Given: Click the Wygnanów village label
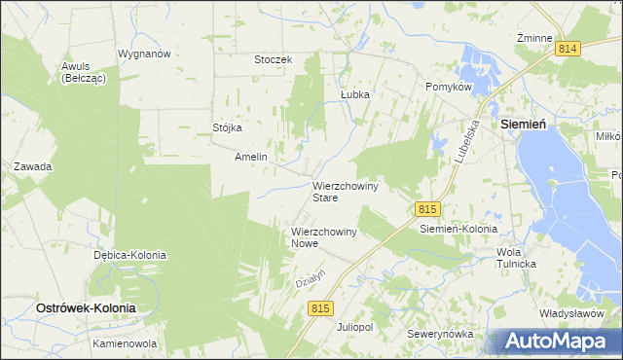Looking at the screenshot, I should click(144, 54).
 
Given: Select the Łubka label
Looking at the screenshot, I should click(355, 94).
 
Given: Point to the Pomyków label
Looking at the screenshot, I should click(449, 87).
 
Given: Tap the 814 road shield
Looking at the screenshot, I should click(568, 48).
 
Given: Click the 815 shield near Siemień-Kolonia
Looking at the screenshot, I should click(427, 209).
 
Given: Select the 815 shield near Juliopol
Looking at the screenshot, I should click(322, 307).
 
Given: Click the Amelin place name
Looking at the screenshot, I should click(251, 156).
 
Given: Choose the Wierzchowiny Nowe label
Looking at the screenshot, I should click(324, 237).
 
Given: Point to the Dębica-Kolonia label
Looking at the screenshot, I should click(129, 255).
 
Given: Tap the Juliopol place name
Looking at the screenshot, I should click(354, 327).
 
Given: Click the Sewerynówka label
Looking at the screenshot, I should click(441, 334).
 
